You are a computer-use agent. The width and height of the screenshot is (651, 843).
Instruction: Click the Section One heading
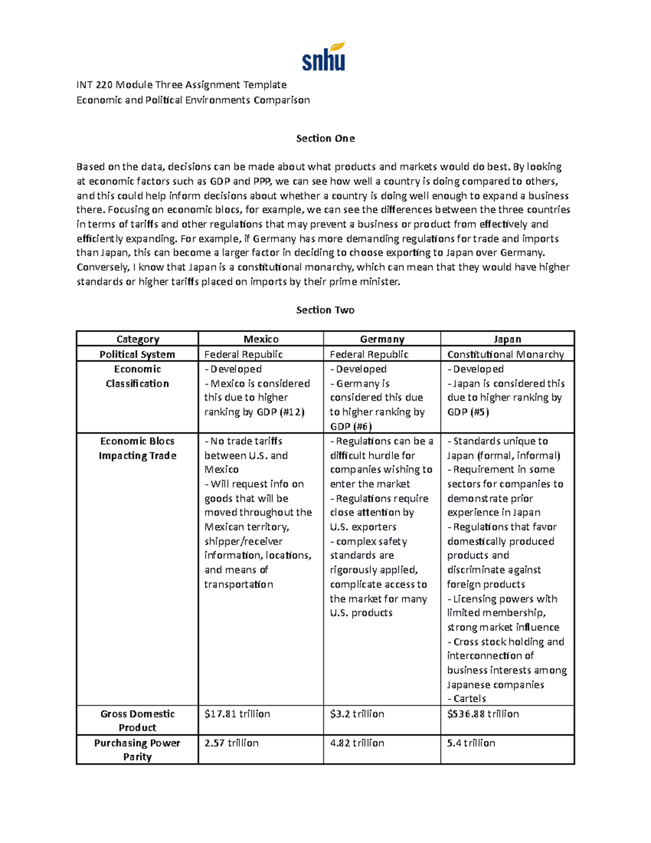pos(325,138)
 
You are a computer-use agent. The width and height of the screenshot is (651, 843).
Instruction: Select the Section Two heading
pos(325,310)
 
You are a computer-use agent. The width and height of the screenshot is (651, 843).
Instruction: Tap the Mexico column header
pos(261,339)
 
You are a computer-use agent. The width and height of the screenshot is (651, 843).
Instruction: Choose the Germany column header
pos(382,339)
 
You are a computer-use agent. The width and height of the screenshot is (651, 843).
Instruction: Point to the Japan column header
pos(507,339)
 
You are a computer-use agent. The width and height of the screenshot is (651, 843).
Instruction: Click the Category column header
pos(137,339)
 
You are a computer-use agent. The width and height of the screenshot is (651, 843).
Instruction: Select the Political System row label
pos(137,354)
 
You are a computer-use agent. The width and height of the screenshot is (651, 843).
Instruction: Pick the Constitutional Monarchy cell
pos(505,354)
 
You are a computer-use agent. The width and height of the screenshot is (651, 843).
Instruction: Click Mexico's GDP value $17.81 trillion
pos(237,714)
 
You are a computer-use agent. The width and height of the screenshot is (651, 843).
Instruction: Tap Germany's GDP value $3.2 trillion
pos(357,714)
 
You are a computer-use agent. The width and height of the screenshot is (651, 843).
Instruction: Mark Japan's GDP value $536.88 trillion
pos(483,714)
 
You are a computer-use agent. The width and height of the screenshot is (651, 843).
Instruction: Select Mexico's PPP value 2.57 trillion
pos(231,743)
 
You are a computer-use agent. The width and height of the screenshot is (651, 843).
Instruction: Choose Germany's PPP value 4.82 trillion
pos(357,743)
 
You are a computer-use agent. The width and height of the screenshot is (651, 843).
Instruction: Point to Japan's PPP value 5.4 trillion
pos(471,743)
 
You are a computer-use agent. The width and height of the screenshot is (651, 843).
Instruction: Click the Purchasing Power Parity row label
pos(137,750)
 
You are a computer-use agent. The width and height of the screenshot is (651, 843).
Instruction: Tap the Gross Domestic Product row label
pos(137,720)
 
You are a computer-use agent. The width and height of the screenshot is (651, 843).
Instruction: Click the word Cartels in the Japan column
pos(469,699)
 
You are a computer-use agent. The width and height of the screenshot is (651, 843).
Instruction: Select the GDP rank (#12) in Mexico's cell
pos(292,412)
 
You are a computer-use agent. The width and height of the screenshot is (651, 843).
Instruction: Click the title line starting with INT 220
pos(181,85)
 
